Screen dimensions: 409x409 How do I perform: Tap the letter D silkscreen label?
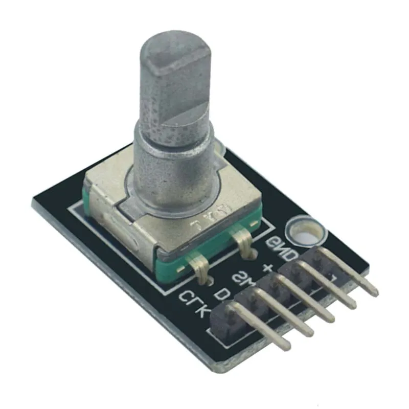coord(221,293)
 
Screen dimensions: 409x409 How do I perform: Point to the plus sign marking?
coord(266,267)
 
